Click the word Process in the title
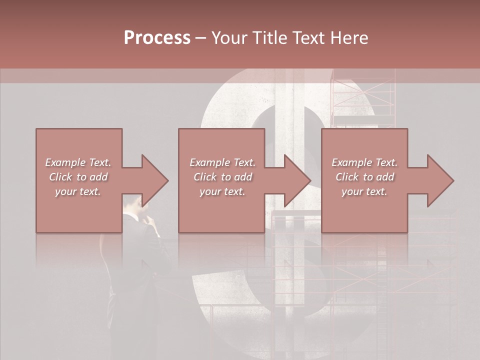[157, 38]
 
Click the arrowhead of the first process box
[155, 180]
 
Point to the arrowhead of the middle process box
[298, 180]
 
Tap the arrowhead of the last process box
[440, 180]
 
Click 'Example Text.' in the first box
[78, 162]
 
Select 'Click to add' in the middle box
[222, 177]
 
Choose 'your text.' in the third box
[364, 191]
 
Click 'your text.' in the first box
[78, 191]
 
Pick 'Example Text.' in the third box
[364, 162]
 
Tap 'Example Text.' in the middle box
[222, 162]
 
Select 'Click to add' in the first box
[78, 177]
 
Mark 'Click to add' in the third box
[364, 177]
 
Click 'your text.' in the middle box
[222, 191]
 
